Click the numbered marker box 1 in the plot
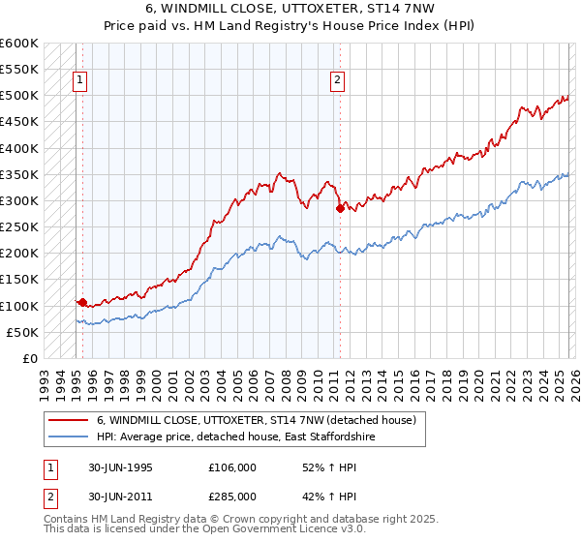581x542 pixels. (x=78, y=81)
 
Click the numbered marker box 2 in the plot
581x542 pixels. (x=338, y=81)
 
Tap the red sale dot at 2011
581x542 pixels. (x=340, y=208)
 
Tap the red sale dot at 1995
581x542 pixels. (x=82, y=302)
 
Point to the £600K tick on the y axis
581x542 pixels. (x=19, y=44)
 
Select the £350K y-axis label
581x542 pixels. (x=19, y=175)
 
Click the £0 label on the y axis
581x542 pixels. (x=29, y=358)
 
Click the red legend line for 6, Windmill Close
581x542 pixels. (x=69, y=420)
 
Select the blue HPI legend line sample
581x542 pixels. (x=69, y=437)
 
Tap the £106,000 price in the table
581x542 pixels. (x=231, y=467)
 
